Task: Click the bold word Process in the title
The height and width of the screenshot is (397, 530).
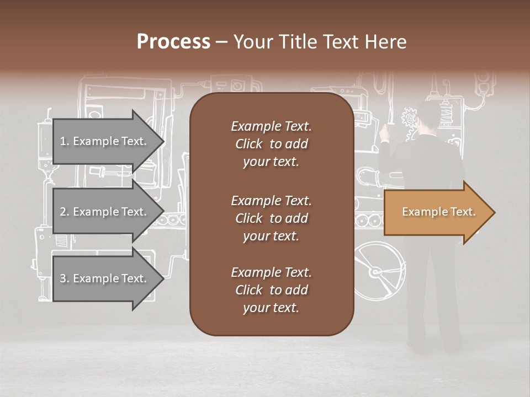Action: pyautogui.click(x=173, y=42)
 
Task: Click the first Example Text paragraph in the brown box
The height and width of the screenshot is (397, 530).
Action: pyautogui.click(x=271, y=144)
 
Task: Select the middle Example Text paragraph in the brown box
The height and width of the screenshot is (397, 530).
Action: pyautogui.click(x=271, y=218)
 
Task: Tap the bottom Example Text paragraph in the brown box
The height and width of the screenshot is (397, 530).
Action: pyautogui.click(x=271, y=290)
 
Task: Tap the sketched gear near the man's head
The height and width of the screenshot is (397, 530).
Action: pyautogui.click(x=409, y=117)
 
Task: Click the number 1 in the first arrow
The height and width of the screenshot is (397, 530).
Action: pyautogui.click(x=63, y=142)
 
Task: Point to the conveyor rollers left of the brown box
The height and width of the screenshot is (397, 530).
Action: pyautogui.click(x=172, y=220)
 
